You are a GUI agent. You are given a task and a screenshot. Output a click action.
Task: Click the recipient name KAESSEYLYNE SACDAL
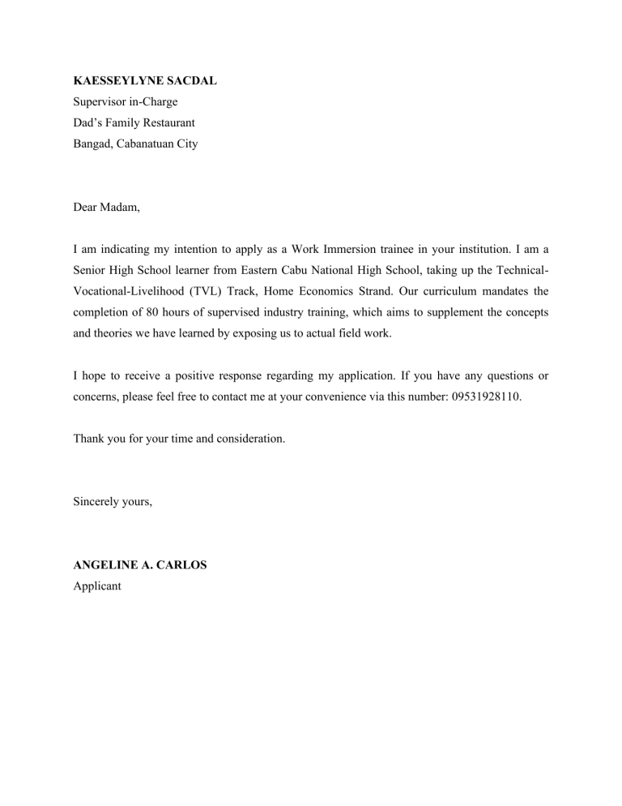pos(144,81)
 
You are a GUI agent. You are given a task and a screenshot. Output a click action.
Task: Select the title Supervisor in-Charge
pos(125,102)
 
